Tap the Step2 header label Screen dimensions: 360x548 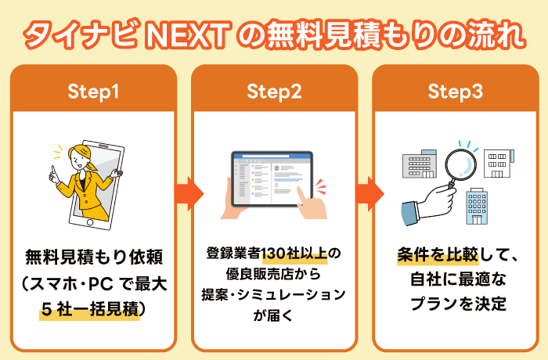274,92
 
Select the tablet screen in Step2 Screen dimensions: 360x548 271,179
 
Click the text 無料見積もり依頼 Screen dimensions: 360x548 93,255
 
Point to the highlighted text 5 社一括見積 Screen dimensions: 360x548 89,309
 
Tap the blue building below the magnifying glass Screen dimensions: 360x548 478,205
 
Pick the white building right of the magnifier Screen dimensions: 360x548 499,163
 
